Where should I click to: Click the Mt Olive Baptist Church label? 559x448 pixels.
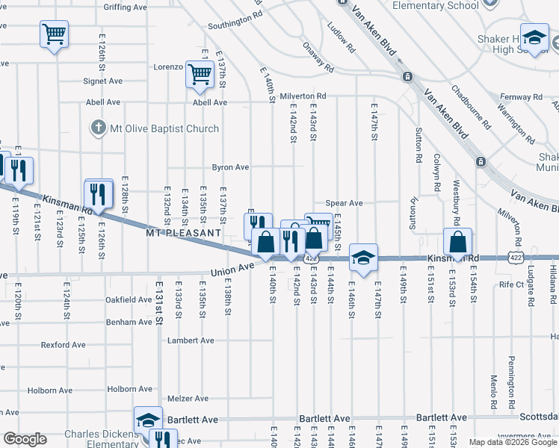pyautogui.click(x=162, y=128)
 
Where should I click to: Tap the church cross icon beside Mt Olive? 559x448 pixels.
pyautogui.click(x=96, y=128)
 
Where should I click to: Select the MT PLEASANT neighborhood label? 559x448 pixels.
pyautogui.click(x=184, y=233)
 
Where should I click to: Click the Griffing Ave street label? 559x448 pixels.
pyautogui.click(x=126, y=7)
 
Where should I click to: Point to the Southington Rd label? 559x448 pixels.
pyautogui.click(x=235, y=19)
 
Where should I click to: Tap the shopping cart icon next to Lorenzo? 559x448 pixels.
pyautogui.click(x=200, y=75)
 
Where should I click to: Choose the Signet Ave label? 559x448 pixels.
pyautogui.click(x=103, y=81)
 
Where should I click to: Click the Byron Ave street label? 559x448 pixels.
pyautogui.click(x=230, y=167)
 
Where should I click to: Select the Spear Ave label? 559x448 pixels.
pyautogui.click(x=345, y=203)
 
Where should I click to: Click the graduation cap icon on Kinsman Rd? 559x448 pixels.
pyautogui.click(x=363, y=258)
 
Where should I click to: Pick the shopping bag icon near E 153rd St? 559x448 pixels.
pyautogui.click(x=457, y=242)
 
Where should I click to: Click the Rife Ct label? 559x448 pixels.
pyautogui.click(x=512, y=284)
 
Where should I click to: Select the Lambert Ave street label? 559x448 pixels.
pyautogui.click(x=191, y=340)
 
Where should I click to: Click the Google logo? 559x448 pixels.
pyautogui.click(x=24, y=439)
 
